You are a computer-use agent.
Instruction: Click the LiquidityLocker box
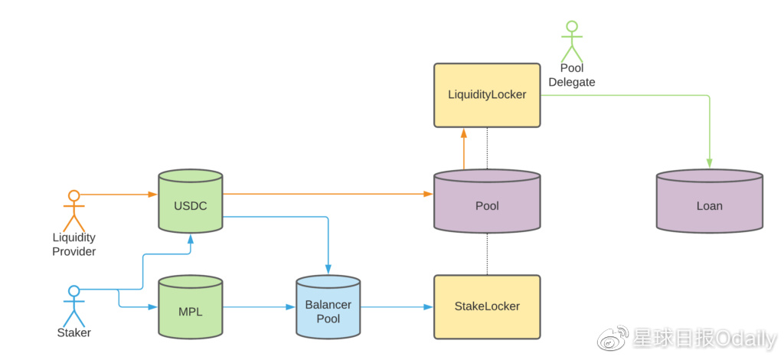487,95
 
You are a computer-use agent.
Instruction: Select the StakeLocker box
487,306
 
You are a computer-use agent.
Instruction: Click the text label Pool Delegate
571,75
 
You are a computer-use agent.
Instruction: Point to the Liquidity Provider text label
73,244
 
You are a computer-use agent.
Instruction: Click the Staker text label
73,333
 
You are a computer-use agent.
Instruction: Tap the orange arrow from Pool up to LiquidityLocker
463,149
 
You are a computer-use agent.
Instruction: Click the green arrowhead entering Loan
709,162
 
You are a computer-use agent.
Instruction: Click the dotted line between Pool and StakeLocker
487,254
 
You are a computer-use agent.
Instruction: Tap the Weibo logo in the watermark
613,337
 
